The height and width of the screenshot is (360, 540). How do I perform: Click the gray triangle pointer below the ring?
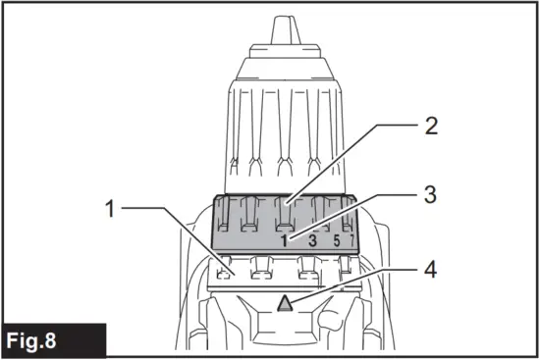287,304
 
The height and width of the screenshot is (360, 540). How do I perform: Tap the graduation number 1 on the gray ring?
285,238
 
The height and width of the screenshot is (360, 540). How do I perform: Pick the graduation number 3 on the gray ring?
311,238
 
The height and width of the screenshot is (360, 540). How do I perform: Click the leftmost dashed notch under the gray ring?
227,267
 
